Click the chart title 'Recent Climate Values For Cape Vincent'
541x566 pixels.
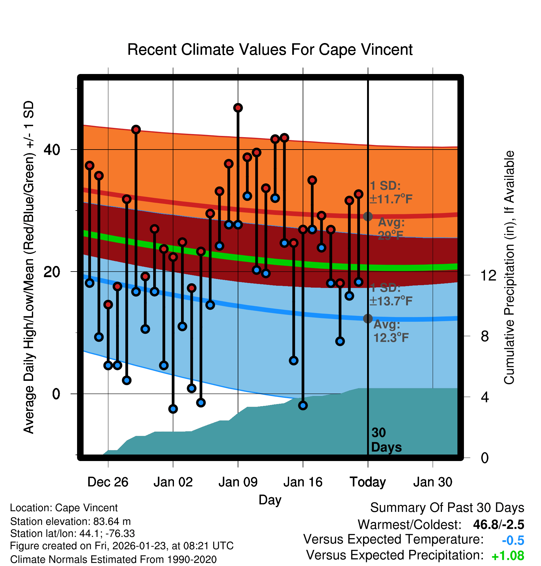click(270, 50)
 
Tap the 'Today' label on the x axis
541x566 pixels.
click(368, 482)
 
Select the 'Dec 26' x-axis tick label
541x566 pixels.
click(108, 482)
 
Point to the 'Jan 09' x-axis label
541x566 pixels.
click(238, 482)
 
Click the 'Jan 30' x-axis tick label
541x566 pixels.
click(433, 482)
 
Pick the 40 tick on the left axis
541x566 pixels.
click(52, 150)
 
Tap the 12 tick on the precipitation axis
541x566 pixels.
click(488, 275)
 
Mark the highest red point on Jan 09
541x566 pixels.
click(238, 108)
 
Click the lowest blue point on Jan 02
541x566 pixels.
click(173, 409)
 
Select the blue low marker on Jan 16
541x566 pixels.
click(303, 405)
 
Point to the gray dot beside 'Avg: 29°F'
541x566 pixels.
click(368, 216)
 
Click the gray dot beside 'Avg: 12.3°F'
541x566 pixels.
click(368, 318)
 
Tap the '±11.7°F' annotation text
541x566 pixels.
click(391, 199)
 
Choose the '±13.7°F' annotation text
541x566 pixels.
click(391, 301)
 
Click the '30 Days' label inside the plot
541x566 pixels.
click(386, 440)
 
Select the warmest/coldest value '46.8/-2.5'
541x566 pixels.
click(499, 525)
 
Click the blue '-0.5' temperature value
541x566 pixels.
click(513, 540)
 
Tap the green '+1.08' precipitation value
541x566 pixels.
click(508, 556)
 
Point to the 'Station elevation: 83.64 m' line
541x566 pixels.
click(71, 521)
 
